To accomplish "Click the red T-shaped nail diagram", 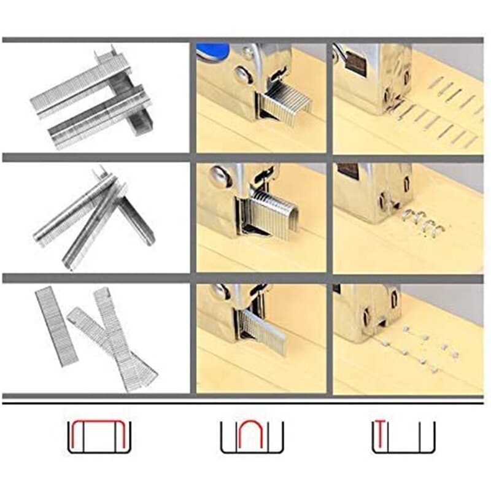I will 380,436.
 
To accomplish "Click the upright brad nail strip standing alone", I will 56,326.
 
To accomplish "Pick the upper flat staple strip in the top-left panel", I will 80,85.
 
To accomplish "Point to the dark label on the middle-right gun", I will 348,171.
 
